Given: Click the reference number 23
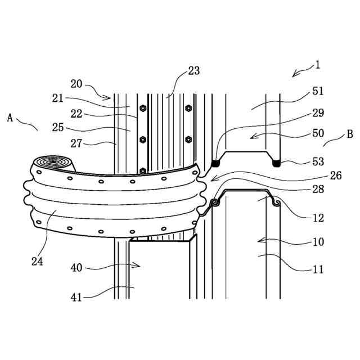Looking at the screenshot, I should click(x=193, y=71).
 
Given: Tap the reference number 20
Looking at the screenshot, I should click(x=76, y=84).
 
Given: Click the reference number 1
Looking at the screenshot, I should click(x=317, y=65).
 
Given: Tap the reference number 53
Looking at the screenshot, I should click(x=318, y=161).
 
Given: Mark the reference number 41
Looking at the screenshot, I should click(x=76, y=296).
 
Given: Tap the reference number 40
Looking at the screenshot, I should click(x=76, y=268).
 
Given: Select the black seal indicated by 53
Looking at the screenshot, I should click(x=276, y=163).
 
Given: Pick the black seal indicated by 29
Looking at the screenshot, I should click(x=214, y=163).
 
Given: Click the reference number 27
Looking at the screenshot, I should click(x=76, y=143).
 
